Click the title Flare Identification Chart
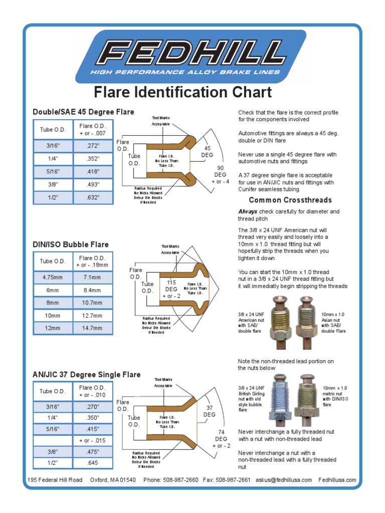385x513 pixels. click(x=183, y=92)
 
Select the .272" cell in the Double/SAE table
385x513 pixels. click(x=93, y=146)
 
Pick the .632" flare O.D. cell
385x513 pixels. click(x=93, y=197)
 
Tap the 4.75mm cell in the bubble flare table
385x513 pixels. click(x=53, y=277)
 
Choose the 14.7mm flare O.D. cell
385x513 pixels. click(x=93, y=328)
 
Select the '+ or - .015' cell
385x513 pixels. click(x=93, y=440)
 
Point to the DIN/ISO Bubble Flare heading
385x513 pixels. click(x=71, y=244)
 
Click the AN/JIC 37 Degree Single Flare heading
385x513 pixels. click(x=86, y=375)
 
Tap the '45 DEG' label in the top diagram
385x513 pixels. click(x=207, y=152)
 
